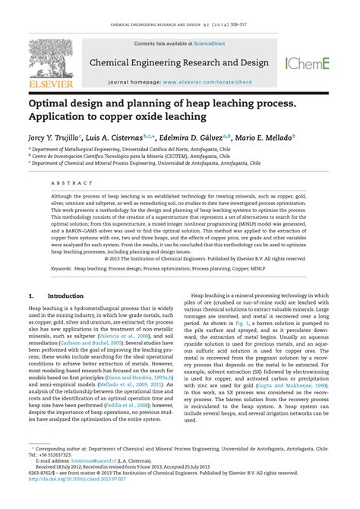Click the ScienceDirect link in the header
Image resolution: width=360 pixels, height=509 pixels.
click(x=195, y=44)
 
